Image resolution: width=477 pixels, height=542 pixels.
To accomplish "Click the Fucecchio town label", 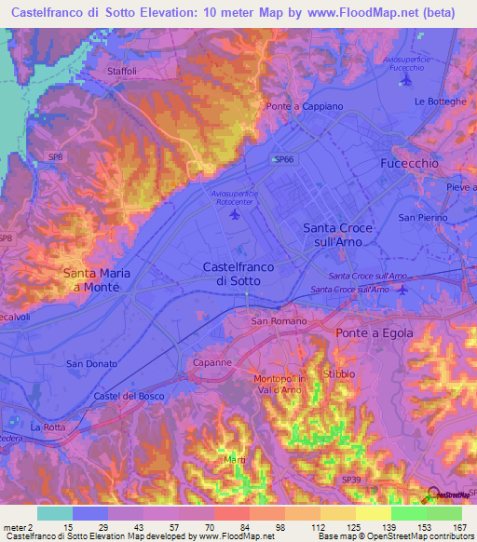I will tap(410, 163).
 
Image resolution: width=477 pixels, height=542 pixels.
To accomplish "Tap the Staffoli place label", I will tap(121, 71).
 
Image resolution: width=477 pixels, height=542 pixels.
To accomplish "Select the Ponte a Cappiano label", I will tap(305, 107).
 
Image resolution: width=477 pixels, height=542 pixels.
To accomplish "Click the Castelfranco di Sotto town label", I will tap(238, 273).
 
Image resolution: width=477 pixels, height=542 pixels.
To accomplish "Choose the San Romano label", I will tap(272, 321).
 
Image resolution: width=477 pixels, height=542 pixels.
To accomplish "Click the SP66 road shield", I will tap(282, 160).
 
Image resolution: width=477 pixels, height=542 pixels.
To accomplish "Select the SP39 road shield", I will tap(350, 480).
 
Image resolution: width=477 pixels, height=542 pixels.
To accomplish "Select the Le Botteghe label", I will tap(439, 102).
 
